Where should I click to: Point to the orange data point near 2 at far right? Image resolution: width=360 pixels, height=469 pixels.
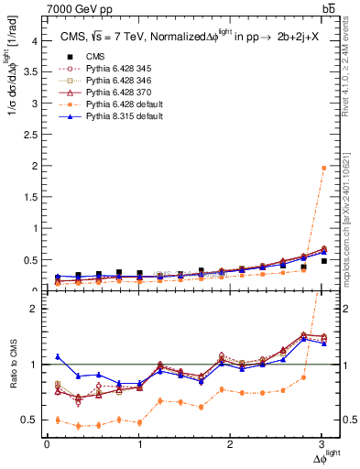(323, 168)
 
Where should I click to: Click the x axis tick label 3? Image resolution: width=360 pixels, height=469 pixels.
(322, 444)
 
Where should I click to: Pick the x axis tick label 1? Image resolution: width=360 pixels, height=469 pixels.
(139, 444)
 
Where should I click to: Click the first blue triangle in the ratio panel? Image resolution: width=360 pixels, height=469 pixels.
(58, 356)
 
